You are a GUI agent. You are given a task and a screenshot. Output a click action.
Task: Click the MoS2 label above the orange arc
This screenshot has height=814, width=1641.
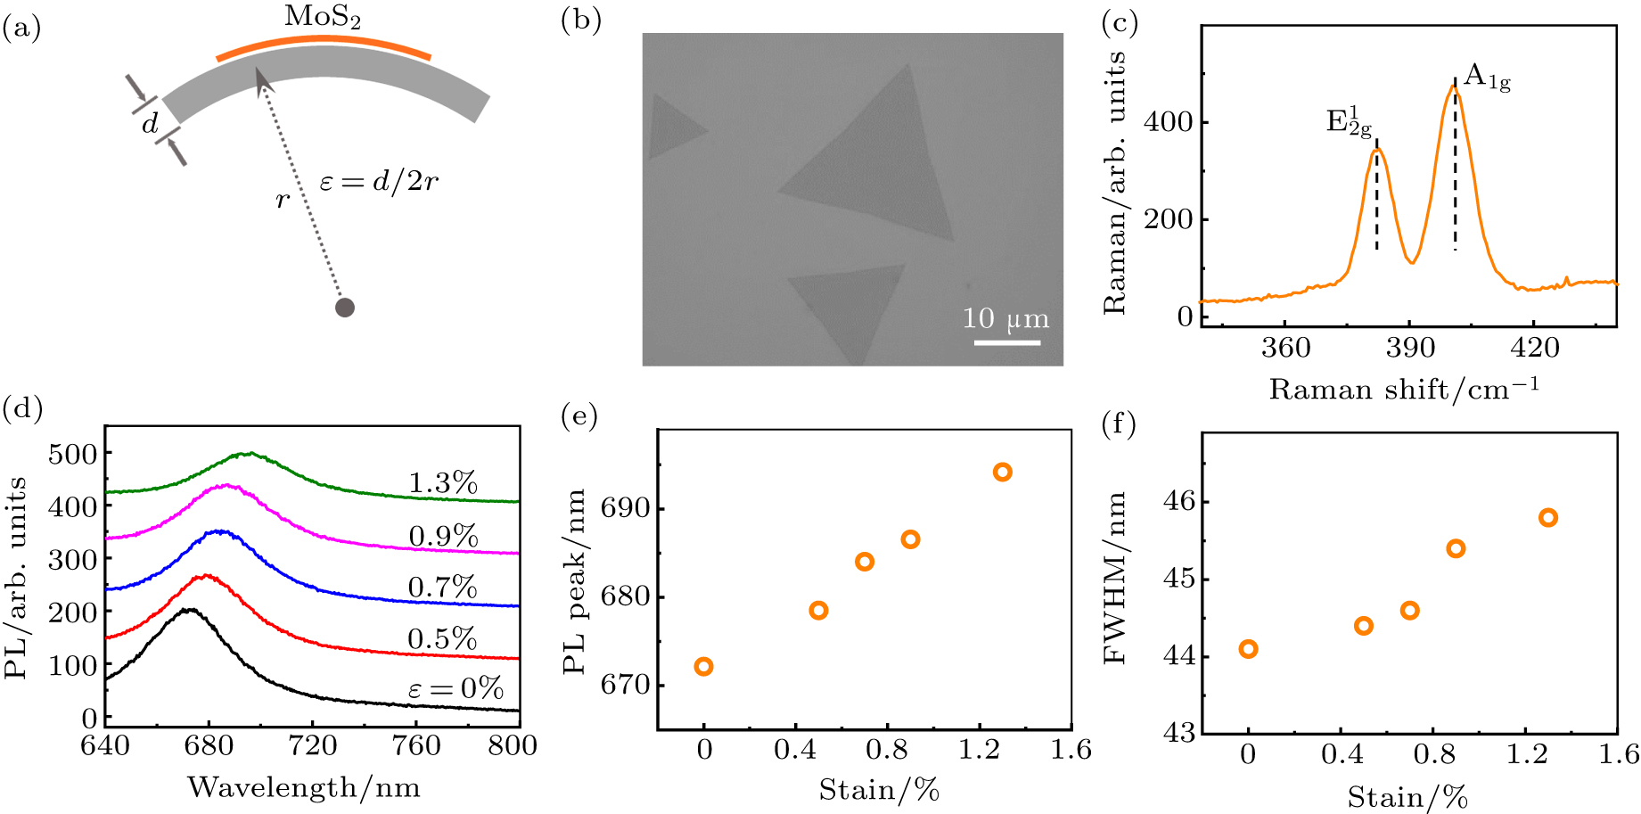[x=323, y=17]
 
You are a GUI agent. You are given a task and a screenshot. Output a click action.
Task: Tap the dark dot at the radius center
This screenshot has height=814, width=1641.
[x=345, y=308]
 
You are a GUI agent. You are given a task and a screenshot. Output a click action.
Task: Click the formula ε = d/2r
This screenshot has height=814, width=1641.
[x=379, y=183]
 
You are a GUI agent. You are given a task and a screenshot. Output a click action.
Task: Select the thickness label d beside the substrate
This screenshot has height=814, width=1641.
[x=151, y=124]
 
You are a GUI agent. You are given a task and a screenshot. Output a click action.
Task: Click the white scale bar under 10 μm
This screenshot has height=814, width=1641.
[x=1006, y=341]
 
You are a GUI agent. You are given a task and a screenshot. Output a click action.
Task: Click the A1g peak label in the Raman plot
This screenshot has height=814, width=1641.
[x=1487, y=78]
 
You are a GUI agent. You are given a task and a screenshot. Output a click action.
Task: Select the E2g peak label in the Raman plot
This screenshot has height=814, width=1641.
[x=1349, y=122]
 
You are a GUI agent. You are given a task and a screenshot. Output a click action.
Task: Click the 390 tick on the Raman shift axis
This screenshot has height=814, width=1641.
[x=1409, y=348]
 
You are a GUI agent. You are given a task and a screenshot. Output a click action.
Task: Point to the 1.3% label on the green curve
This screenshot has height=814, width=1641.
[x=443, y=483]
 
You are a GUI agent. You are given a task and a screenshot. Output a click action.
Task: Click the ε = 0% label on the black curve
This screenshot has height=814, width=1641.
[x=455, y=689]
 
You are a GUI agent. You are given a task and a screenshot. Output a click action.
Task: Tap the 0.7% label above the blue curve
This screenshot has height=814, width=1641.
[x=442, y=588]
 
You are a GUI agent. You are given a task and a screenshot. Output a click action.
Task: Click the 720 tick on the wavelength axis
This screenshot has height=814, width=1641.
[x=312, y=745]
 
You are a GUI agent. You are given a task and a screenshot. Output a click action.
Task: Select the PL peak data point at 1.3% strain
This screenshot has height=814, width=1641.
[x=1003, y=473]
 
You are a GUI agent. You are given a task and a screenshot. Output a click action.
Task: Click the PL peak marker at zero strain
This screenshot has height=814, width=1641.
[x=703, y=667]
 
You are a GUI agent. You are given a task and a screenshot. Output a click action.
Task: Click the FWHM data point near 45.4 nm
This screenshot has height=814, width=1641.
[x=1456, y=548]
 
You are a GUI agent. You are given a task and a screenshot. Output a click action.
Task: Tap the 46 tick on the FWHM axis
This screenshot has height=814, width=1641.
[x=1178, y=502]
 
